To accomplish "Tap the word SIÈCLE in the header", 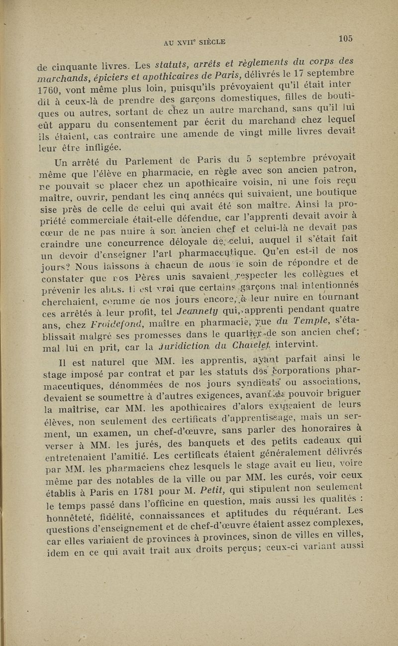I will [211, 42].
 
